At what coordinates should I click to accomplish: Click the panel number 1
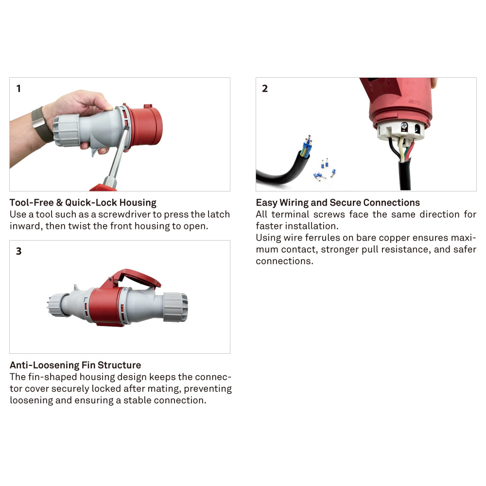[18, 88]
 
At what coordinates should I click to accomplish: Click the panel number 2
[265, 88]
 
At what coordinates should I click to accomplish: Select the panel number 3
[18, 251]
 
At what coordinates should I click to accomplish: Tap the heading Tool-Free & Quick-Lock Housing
[83, 202]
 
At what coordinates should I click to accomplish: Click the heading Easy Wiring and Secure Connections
[338, 202]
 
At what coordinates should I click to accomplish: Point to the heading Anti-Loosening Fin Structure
[75, 365]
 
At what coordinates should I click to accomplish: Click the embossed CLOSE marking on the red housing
[413, 102]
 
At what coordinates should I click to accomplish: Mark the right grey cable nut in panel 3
[174, 307]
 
